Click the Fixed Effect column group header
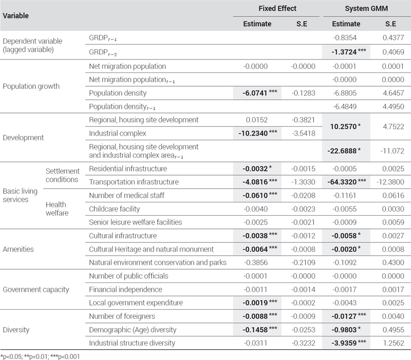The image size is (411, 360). (277, 8)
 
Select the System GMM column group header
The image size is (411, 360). (366, 8)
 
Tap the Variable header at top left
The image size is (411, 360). (16, 16)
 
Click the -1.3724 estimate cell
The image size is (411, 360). (349, 52)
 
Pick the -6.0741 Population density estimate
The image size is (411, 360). (259, 93)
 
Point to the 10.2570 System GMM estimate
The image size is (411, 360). (345, 126)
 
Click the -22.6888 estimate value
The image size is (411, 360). (344, 151)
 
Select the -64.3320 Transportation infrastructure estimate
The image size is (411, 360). (346, 182)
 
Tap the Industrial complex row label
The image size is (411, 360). (118, 134)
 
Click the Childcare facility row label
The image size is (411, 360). (114, 209)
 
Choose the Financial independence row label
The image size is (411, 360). (125, 290)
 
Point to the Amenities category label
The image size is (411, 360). (18, 249)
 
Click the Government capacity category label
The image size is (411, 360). (35, 290)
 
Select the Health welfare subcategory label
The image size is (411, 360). (57, 209)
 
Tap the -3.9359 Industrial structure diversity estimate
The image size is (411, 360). (349, 343)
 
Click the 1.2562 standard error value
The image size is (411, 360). (393, 343)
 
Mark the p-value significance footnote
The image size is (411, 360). (40, 356)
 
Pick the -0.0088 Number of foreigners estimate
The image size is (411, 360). (259, 316)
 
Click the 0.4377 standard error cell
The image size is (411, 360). (393, 37)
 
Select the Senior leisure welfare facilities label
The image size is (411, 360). (135, 222)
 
